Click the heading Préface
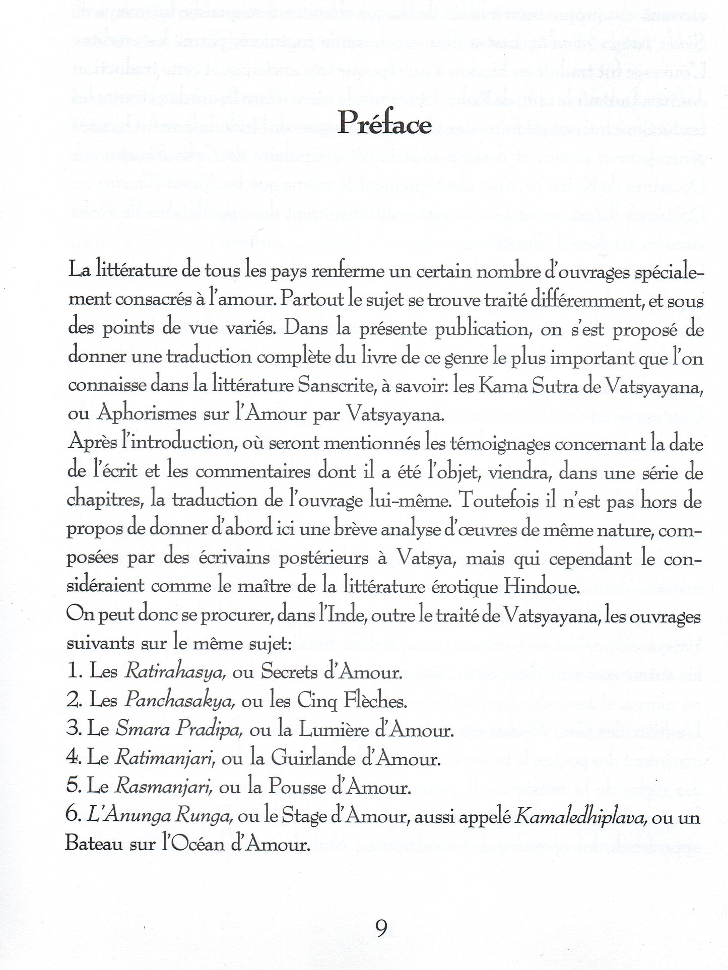384,122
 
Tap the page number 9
381,927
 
